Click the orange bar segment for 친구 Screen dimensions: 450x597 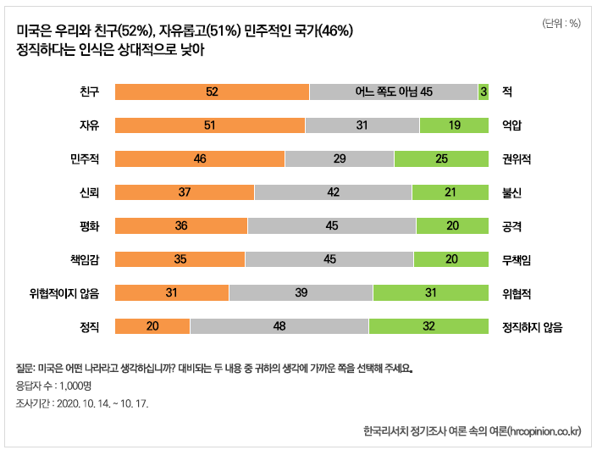[212, 92]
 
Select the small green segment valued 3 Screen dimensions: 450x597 [484, 92]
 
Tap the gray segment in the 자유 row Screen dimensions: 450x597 [362, 125]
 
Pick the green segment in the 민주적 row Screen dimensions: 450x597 [441, 158]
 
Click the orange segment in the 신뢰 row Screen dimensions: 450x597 [184, 192]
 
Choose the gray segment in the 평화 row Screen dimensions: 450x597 [332, 226]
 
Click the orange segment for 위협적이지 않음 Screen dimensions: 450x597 [171, 293]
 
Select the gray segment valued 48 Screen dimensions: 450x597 [279, 326]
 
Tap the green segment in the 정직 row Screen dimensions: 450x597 [428, 326]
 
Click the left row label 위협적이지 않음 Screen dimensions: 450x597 [64, 293]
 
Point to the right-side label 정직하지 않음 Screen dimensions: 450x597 [533, 326]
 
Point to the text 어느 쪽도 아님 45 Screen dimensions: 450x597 [395, 92]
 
